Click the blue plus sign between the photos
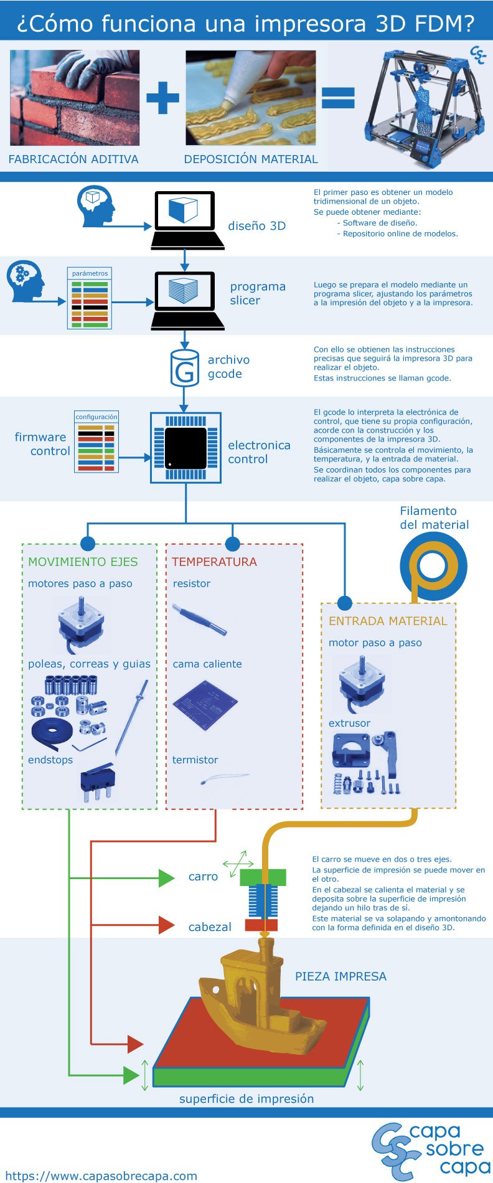[162, 98]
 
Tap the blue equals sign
[338, 98]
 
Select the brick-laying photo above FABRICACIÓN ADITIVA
[74, 98]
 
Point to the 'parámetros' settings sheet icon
[90, 298]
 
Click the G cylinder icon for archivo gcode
[184, 369]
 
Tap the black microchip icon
[185, 448]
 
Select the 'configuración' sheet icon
[96, 441]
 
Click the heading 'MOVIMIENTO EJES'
[83, 562]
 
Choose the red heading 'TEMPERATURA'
[214, 562]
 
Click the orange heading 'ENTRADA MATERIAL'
[388, 621]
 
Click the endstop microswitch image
[97, 782]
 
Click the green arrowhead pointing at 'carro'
[166, 878]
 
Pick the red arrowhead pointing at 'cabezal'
[166, 925]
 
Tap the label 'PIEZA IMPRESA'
[340, 976]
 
